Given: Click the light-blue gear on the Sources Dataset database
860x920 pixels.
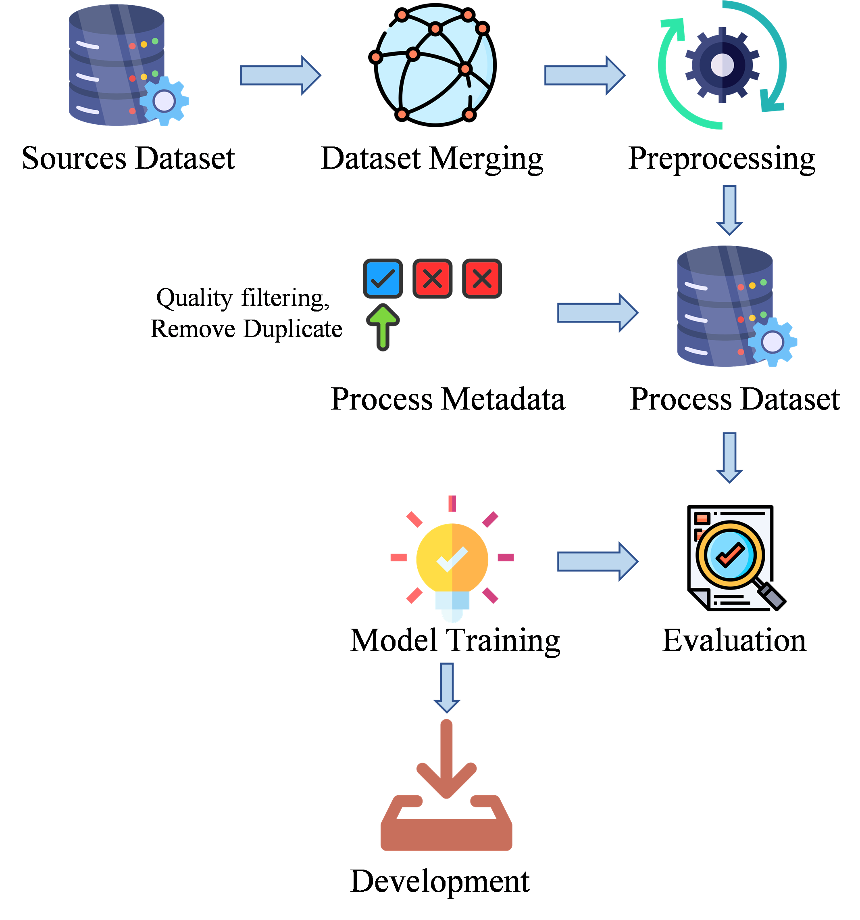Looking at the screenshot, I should [164, 101].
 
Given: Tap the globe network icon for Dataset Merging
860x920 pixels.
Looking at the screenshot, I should [435, 65].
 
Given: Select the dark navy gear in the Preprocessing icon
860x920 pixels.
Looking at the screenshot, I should [722, 65].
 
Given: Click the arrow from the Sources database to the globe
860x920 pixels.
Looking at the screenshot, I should [280, 75].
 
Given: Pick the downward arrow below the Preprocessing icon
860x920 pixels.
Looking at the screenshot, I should [729, 210].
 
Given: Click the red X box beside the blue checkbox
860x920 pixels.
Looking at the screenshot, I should [432, 278].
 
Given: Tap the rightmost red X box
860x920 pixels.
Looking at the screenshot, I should [482, 278].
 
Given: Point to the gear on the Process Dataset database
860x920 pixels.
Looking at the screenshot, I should [772, 343].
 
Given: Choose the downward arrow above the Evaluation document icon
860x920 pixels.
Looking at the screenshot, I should [729, 457].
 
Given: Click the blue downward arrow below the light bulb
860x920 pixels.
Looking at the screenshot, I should [447, 687].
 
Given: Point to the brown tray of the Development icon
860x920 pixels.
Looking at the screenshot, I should [446, 833].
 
